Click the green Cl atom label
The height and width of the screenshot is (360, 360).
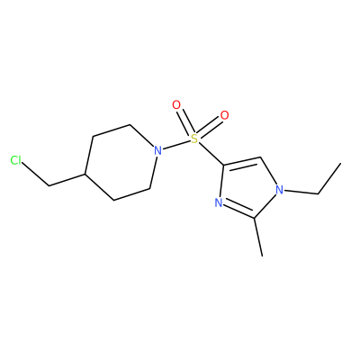pyautogui.click(x=16, y=160)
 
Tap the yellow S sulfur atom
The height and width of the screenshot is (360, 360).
pyautogui.click(x=195, y=139)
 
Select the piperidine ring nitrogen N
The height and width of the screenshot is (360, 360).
pyautogui.click(x=157, y=150)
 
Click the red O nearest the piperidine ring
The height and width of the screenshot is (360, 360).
pyautogui.click(x=176, y=105)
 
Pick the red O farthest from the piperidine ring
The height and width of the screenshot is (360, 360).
pyautogui.click(x=224, y=115)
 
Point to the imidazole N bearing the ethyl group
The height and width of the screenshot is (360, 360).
pyautogui.click(x=280, y=190)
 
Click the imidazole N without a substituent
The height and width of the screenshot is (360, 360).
pyautogui.click(x=219, y=203)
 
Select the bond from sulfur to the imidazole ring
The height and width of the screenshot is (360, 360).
pyautogui.click(x=211, y=154)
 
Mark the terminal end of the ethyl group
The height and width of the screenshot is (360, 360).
pyautogui.click(x=341, y=164)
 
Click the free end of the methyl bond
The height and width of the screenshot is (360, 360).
pyautogui.click(x=263, y=256)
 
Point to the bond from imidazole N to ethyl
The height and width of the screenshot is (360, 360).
pyautogui.click(x=301, y=192)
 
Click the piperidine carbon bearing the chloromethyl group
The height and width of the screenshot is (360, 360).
pyautogui.click(x=85, y=174)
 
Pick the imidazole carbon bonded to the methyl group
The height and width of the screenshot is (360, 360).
pyautogui.click(x=255, y=218)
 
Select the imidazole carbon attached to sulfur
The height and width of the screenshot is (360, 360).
pyautogui.click(x=223, y=166)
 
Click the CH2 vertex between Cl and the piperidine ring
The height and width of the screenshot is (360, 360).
pyautogui.click(x=49, y=185)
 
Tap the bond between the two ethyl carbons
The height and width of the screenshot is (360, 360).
pyautogui.click(x=329, y=179)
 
